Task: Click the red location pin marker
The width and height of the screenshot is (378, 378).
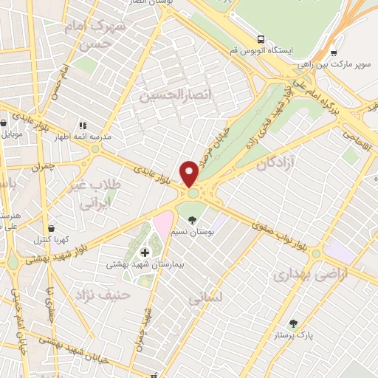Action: click(x=190, y=173)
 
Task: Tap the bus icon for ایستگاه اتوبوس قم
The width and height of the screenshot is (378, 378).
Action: click(x=261, y=38)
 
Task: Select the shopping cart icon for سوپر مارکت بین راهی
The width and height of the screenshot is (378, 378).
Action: click(x=334, y=52)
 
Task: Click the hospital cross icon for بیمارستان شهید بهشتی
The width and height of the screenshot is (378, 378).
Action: click(x=145, y=252)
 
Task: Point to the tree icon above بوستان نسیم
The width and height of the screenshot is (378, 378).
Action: click(x=193, y=220)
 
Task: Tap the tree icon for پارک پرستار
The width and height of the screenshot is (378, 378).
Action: click(x=294, y=323)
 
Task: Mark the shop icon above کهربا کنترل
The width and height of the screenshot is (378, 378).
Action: click(x=50, y=228)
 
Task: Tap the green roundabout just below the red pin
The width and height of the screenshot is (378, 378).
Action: click(x=193, y=193)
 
